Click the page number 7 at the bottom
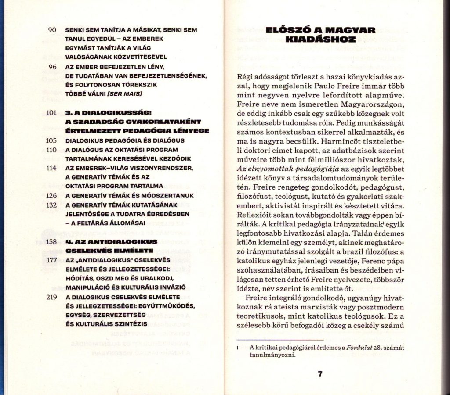pos(320,374)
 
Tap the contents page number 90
pos(52,30)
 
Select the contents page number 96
pos(52,67)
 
